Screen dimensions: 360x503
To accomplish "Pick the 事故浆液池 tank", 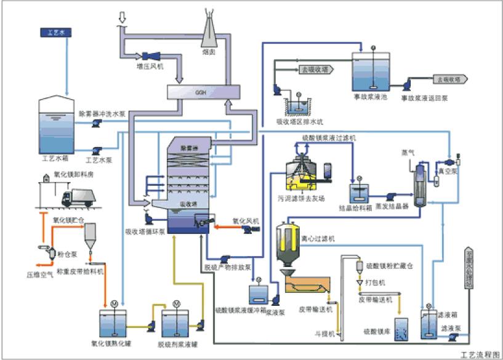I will coord(372,74).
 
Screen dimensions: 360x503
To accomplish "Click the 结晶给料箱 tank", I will coord(360,193).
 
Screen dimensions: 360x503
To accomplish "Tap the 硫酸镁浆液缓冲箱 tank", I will coord(257,292).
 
